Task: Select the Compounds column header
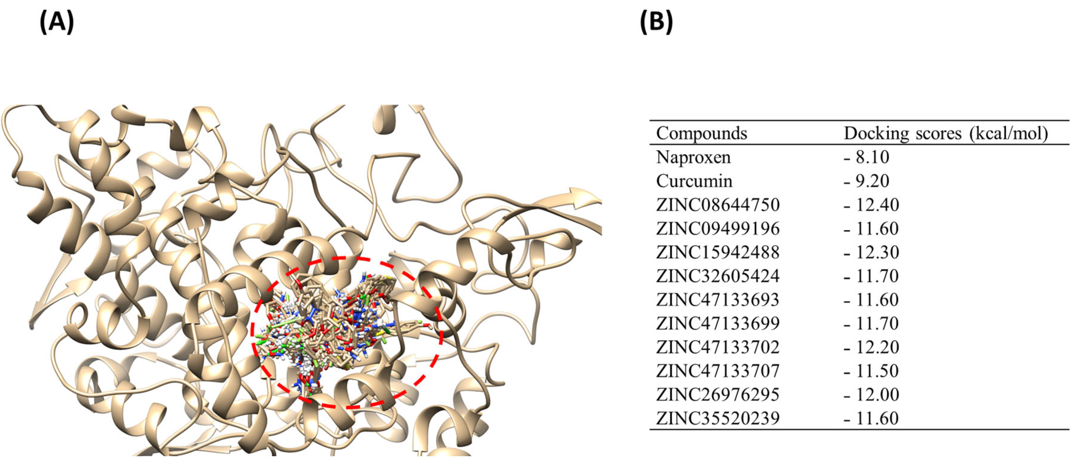pyautogui.click(x=701, y=133)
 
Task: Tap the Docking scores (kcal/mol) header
pyautogui.click(x=946, y=134)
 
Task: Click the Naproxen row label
pyautogui.click(x=693, y=157)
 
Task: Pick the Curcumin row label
pyautogui.click(x=694, y=181)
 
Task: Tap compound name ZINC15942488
pyautogui.click(x=718, y=252)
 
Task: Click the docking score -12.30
pyautogui.click(x=871, y=252)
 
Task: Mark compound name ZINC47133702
pyautogui.click(x=718, y=347)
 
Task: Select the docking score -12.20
pyautogui.click(x=871, y=347)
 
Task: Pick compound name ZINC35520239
pyautogui.click(x=718, y=418)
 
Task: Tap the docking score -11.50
pyautogui.click(x=871, y=371)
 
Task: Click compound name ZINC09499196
pyautogui.click(x=718, y=229)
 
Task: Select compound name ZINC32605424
pyautogui.click(x=718, y=276)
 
